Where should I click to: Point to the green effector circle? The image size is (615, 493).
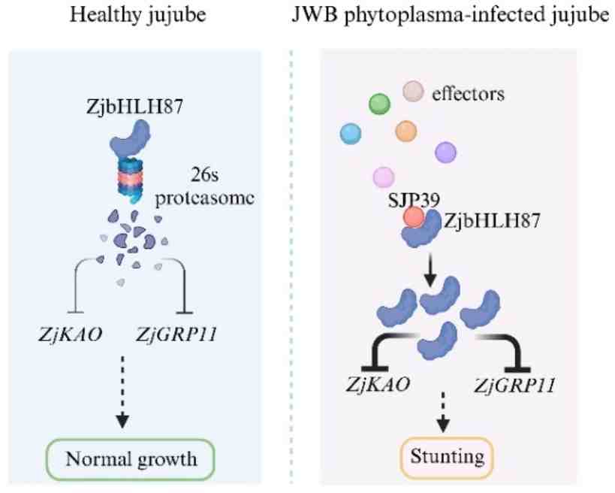pos(381,103)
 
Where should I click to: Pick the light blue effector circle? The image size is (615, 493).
pos(351,133)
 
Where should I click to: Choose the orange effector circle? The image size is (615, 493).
pos(405,130)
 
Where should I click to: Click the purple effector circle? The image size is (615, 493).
pos(446,152)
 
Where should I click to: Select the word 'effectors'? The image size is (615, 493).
pos(468,95)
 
